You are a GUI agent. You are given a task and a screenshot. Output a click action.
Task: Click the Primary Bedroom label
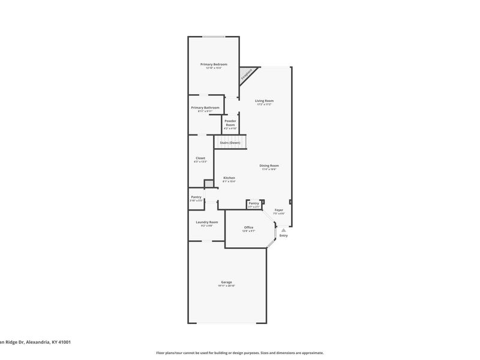[x=214, y=64]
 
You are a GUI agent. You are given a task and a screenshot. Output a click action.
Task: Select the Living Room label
[x=264, y=101]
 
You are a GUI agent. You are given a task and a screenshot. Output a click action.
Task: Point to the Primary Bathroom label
[x=205, y=108]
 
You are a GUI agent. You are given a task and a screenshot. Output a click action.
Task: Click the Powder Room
[x=230, y=122]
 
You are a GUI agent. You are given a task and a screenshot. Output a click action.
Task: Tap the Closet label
[x=200, y=158]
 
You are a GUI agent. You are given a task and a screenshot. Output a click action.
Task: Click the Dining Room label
[x=269, y=166]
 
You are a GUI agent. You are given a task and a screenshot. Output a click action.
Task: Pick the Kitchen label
[x=229, y=178]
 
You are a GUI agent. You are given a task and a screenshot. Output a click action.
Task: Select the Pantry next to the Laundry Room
[x=196, y=197]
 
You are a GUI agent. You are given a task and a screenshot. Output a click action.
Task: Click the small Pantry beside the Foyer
[x=254, y=203]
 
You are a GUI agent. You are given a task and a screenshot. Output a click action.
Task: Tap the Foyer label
[x=279, y=210]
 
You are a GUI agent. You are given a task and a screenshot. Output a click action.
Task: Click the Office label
[x=248, y=227]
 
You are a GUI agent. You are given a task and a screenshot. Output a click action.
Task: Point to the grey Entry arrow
[x=283, y=230]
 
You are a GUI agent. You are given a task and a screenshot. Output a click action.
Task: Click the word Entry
[x=283, y=235]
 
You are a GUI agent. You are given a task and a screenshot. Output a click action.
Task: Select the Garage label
[x=226, y=282]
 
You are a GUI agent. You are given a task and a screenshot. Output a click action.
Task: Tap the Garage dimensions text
[x=226, y=286]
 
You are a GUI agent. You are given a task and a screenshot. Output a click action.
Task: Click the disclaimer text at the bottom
[x=240, y=353]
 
